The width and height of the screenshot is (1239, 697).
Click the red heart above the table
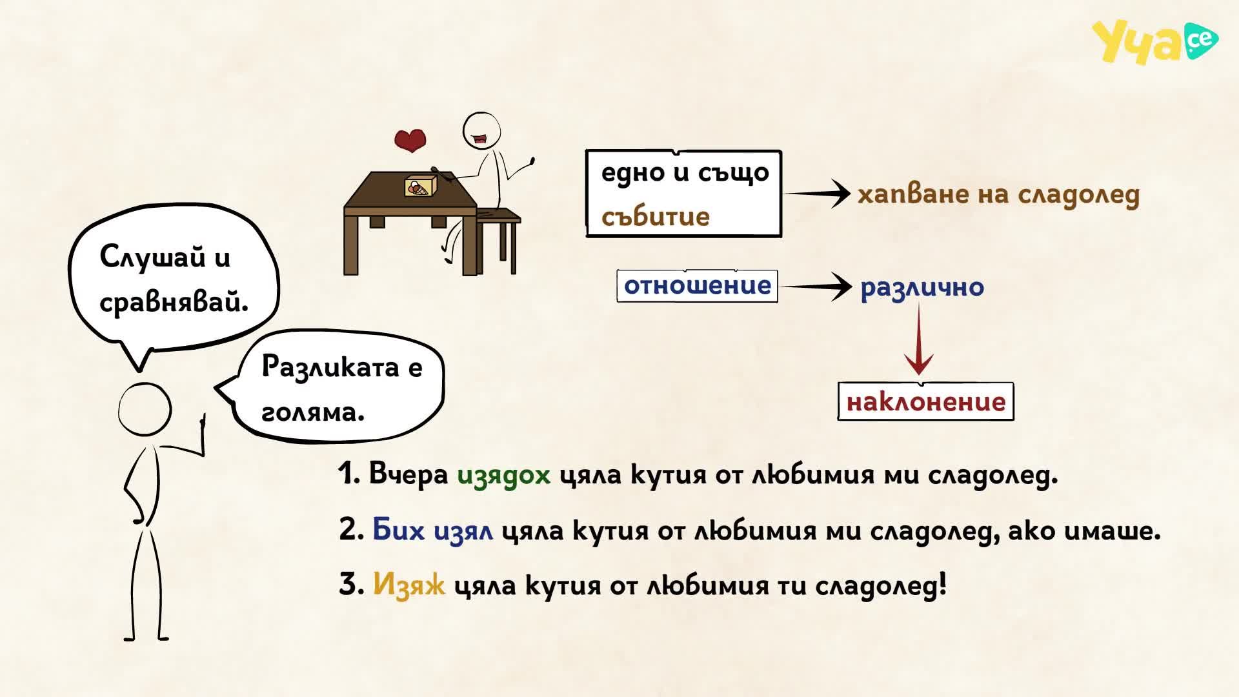coord(410,140)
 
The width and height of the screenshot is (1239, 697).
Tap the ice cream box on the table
coord(421,186)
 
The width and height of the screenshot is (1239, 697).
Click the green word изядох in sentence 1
coord(504,475)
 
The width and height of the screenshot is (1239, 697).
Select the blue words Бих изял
coord(433,530)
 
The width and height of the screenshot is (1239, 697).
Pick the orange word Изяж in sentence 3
coord(409,585)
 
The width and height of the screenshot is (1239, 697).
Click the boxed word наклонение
coord(926,402)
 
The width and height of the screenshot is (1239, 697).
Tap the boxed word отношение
coord(698,286)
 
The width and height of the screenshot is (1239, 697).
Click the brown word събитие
coord(655,217)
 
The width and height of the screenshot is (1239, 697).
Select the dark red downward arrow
coord(919,339)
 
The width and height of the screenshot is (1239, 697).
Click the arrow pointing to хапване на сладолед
coord(816,193)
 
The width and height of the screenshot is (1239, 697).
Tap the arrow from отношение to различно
coord(816,286)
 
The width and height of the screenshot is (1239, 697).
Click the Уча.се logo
coord(1154,41)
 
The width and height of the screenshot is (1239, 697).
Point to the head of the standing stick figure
coord(145,409)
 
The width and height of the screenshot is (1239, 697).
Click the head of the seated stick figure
coord(482,130)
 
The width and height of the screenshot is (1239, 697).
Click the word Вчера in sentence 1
coord(408,474)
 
